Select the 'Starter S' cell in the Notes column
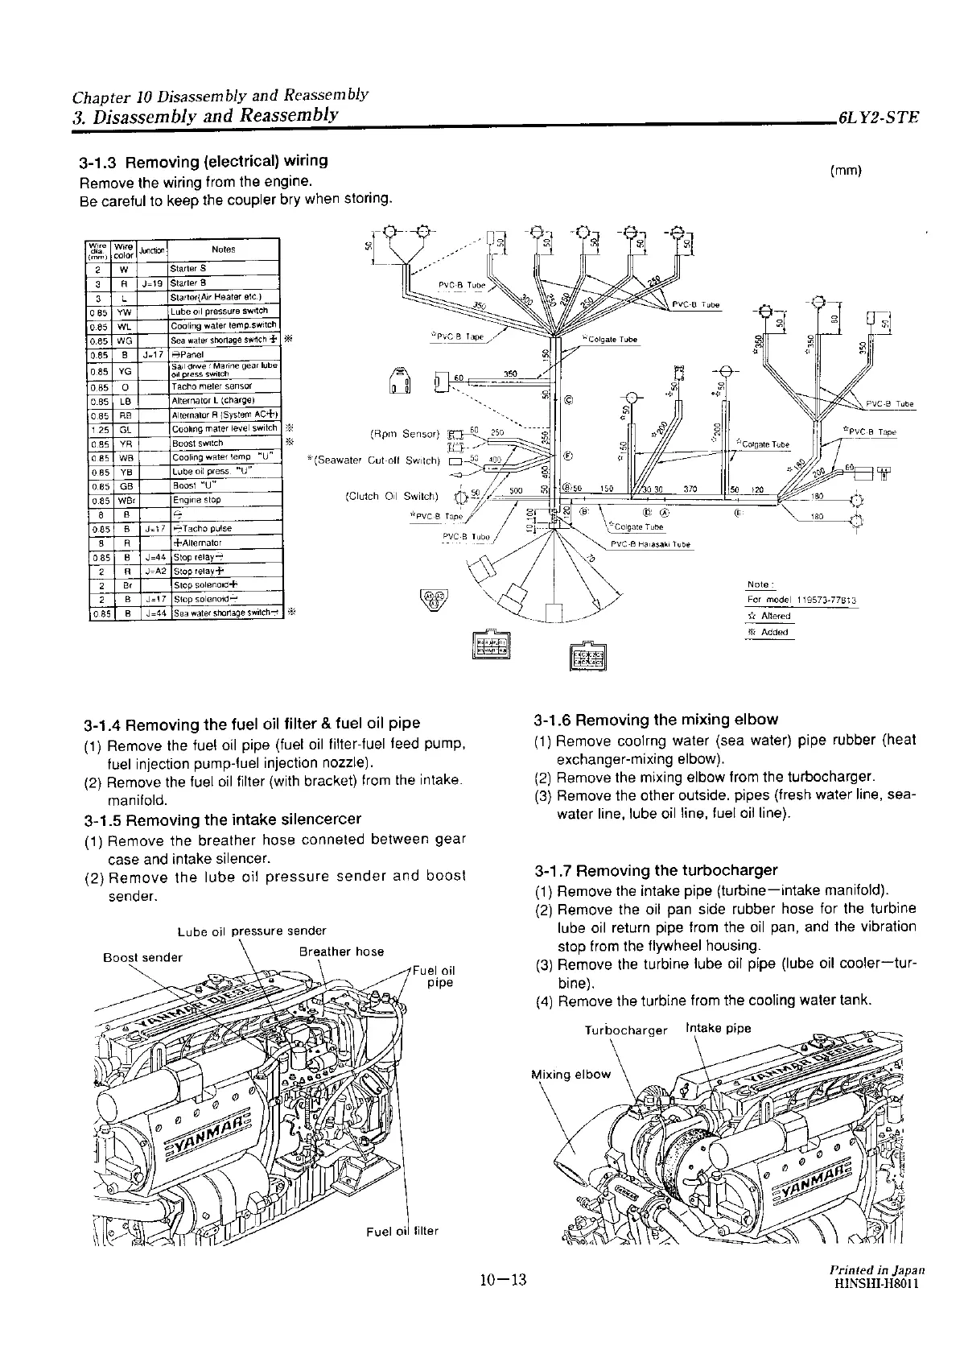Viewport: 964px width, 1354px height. pos(187,268)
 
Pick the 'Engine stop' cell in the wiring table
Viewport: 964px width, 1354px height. pos(196,500)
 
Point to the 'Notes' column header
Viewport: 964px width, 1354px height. pos(223,250)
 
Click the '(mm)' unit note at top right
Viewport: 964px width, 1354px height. pos(845,170)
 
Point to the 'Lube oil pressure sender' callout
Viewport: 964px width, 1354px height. pos(251,931)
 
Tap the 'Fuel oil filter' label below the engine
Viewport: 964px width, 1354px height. pos(402,1232)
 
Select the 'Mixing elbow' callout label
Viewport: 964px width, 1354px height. pos(571,1075)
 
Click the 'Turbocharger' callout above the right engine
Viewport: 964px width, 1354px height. pos(625,1030)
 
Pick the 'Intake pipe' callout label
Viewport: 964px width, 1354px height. pos(718,1028)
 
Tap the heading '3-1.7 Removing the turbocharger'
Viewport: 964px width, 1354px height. pos(656,870)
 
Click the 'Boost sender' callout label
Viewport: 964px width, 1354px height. pos(143,957)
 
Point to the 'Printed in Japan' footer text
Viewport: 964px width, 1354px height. pos(876,1269)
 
